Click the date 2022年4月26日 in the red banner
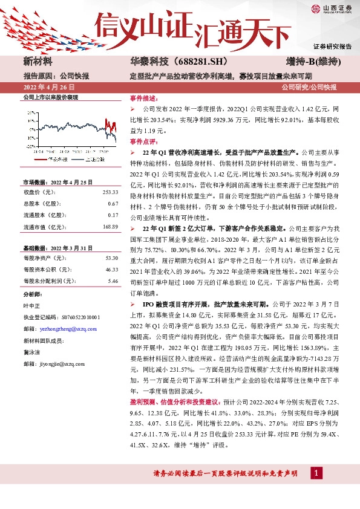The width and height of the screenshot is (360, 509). point(48,88)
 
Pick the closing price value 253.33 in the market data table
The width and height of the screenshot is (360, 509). point(110,192)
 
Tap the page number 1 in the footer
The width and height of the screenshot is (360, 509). point(316,489)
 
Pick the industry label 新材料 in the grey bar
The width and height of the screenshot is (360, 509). point(38,62)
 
